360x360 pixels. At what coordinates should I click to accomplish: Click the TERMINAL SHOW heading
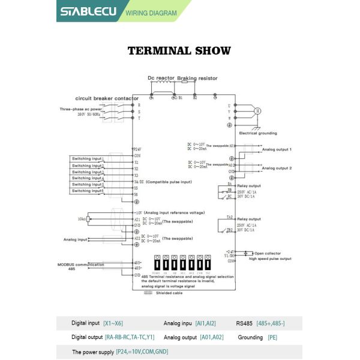click(x=179, y=50)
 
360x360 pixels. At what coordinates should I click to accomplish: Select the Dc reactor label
click(x=160, y=79)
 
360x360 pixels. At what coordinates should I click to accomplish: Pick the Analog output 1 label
click(x=277, y=149)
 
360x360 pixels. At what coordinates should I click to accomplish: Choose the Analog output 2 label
click(x=277, y=168)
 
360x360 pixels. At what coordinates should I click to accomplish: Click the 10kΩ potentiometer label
click(x=82, y=219)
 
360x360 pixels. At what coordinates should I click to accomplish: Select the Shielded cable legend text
click(x=169, y=293)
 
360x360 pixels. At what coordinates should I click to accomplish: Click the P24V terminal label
click(x=137, y=149)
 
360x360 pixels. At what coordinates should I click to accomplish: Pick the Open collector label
click(x=267, y=253)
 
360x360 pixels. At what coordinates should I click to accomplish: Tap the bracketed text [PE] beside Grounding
click(x=272, y=337)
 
